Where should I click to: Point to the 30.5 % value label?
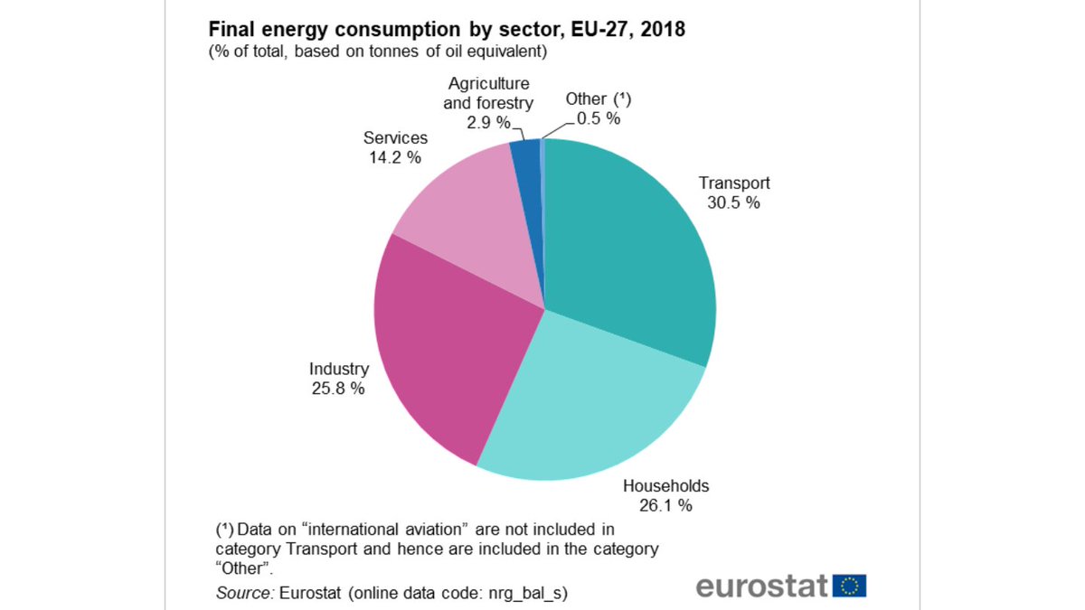point(733,202)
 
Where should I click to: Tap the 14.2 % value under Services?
point(394,157)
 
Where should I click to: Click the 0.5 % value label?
point(598,118)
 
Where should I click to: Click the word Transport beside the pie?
point(733,183)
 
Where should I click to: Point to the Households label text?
point(666,485)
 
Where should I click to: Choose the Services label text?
point(395,138)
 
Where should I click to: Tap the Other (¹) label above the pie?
point(597,99)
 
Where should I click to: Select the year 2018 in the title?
point(664,30)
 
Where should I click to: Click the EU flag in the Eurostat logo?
point(849,586)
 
